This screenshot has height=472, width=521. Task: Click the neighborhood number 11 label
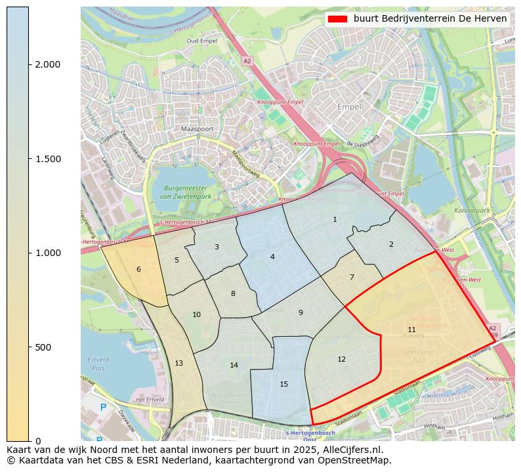[x=411, y=330]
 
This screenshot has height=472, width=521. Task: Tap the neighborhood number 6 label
[x=138, y=269]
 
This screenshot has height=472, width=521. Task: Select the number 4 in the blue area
[x=272, y=257]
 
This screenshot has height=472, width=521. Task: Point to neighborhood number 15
[x=283, y=384]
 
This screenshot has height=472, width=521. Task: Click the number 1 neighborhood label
[x=335, y=219]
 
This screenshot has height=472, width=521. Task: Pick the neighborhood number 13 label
[x=178, y=363]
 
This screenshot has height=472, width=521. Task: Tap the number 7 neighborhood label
[x=352, y=277]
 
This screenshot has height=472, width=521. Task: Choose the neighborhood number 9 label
[x=301, y=312]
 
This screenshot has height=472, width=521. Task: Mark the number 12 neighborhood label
[x=341, y=359]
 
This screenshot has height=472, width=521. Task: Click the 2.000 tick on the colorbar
[x=48, y=64]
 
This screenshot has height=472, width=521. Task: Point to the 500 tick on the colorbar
[x=43, y=347]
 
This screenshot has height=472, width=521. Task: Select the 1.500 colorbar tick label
[x=48, y=159]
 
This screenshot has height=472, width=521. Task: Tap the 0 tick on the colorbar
[x=38, y=441]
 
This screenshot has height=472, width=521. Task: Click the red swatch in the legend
[x=338, y=19]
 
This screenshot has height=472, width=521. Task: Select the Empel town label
[x=349, y=106]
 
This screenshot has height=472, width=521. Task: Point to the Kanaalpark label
[x=472, y=211]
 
